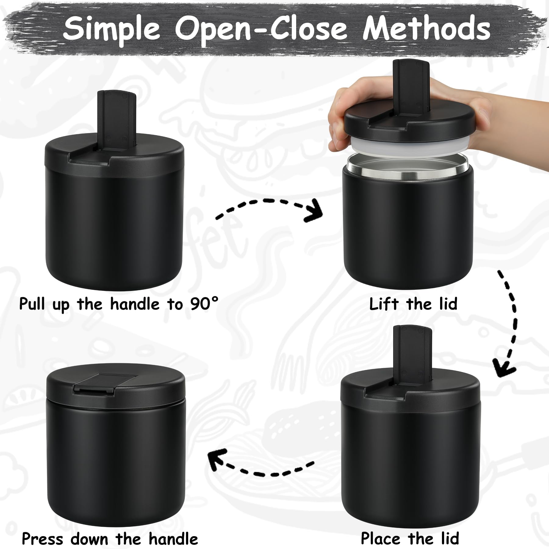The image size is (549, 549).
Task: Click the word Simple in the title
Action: click(112, 29)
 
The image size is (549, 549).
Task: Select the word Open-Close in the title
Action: click(261, 29)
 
